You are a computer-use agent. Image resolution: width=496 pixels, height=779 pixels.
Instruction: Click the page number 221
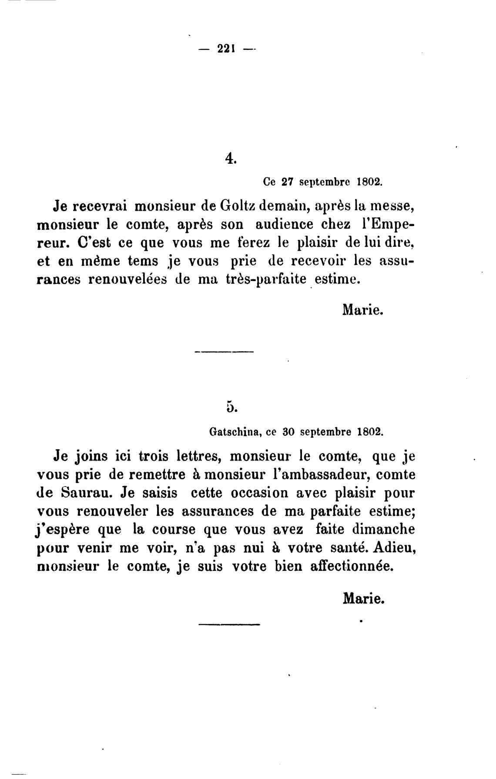click(226, 49)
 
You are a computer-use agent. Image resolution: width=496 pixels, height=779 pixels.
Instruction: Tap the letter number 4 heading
click(231, 159)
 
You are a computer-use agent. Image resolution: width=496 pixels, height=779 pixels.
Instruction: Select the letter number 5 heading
click(231, 407)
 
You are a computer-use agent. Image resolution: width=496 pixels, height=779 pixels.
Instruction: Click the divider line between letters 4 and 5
click(225, 351)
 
